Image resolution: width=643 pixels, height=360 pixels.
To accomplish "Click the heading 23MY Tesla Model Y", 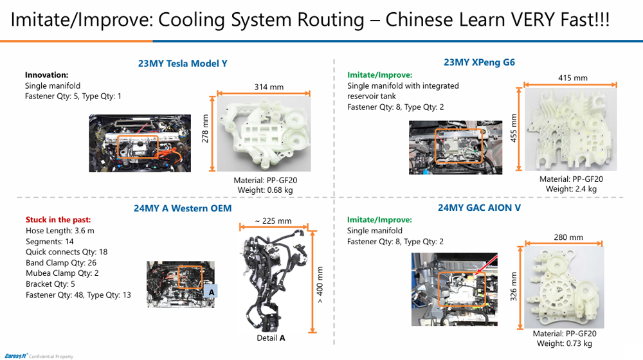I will click(x=183, y=63).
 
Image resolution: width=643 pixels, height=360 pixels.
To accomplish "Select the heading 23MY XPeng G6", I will click(x=479, y=62).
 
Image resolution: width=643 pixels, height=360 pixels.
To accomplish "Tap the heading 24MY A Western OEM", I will click(x=183, y=208).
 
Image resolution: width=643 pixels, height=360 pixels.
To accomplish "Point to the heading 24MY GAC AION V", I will click(x=479, y=208).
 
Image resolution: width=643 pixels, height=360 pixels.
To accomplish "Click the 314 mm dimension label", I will click(x=269, y=87).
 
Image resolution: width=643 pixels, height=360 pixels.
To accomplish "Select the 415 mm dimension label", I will click(x=572, y=78).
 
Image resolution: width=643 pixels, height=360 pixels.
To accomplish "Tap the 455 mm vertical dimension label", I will click(x=513, y=129).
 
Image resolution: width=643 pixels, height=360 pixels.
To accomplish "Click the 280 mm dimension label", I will click(x=568, y=237).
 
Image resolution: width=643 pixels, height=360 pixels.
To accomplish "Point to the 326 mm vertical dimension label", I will click(x=513, y=287).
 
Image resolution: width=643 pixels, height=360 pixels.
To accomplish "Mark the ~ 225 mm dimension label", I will click(x=273, y=221).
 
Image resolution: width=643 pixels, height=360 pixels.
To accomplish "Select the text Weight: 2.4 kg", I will click(x=571, y=189).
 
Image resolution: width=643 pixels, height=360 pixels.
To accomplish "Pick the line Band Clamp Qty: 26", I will click(x=61, y=262).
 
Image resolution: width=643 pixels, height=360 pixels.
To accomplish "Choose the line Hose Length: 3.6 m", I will click(x=59, y=231).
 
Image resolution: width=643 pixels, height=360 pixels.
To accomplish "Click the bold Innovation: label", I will click(x=46, y=75).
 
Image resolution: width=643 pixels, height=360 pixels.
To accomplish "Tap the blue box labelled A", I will click(x=210, y=292).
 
